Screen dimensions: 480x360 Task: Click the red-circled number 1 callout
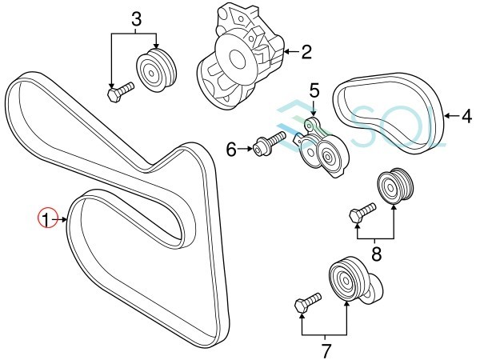(x=47, y=218)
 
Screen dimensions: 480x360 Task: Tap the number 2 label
(x=306, y=52)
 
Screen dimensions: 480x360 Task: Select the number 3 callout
(x=136, y=18)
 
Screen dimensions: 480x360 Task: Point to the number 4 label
(x=466, y=116)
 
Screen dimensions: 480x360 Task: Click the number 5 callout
(x=314, y=91)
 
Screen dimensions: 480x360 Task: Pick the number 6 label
(x=231, y=150)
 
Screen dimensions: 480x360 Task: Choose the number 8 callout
(x=376, y=254)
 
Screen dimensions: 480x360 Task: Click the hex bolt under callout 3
(x=121, y=92)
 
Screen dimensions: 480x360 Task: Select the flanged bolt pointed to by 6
(x=270, y=143)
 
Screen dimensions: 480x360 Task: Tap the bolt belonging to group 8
(x=362, y=213)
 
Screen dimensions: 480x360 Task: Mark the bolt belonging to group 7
(x=308, y=302)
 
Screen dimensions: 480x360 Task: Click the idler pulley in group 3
(x=156, y=69)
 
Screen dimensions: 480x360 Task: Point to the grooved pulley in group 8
(x=395, y=186)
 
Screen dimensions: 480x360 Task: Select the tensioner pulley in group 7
(x=354, y=279)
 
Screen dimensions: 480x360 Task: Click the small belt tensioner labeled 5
(x=321, y=148)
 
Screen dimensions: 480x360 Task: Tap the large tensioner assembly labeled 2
(x=241, y=57)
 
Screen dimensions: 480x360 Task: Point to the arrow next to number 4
(x=452, y=116)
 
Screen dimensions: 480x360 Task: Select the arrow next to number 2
(x=292, y=52)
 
